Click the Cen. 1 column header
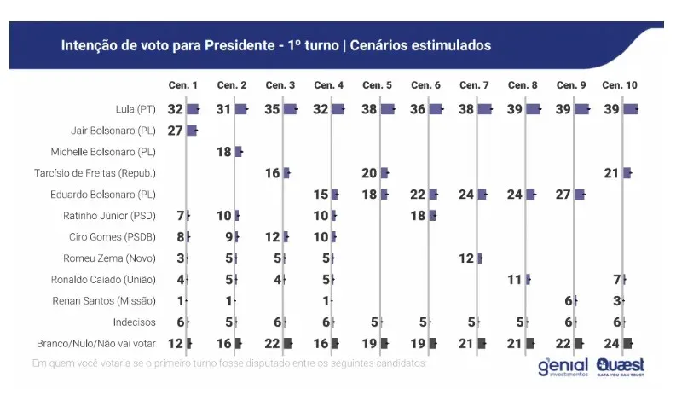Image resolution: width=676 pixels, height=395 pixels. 183,86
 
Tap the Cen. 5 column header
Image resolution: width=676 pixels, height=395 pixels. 377,86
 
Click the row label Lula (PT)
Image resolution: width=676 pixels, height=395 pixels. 136,110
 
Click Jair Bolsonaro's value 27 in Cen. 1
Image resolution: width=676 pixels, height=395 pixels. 175,131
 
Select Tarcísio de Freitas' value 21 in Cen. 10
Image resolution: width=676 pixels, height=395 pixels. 611,173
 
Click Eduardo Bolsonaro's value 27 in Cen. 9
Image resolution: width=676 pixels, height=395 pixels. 563,195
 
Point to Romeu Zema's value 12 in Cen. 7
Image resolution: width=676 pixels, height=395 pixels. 467,258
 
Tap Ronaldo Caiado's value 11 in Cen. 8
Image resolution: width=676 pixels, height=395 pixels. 515,280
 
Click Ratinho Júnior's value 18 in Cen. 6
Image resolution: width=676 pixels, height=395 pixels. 419,216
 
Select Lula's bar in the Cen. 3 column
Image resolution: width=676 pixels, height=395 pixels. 291,109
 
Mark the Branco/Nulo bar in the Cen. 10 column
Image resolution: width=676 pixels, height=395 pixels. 629,343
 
